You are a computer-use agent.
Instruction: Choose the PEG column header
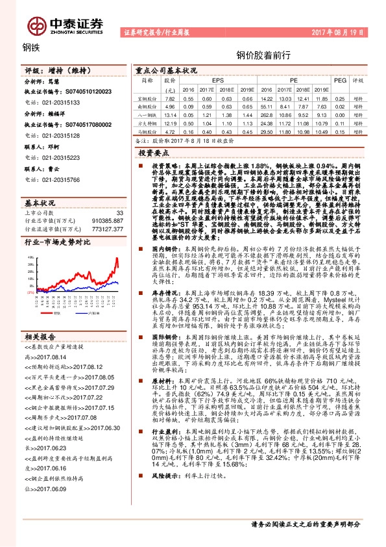click(339, 80)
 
